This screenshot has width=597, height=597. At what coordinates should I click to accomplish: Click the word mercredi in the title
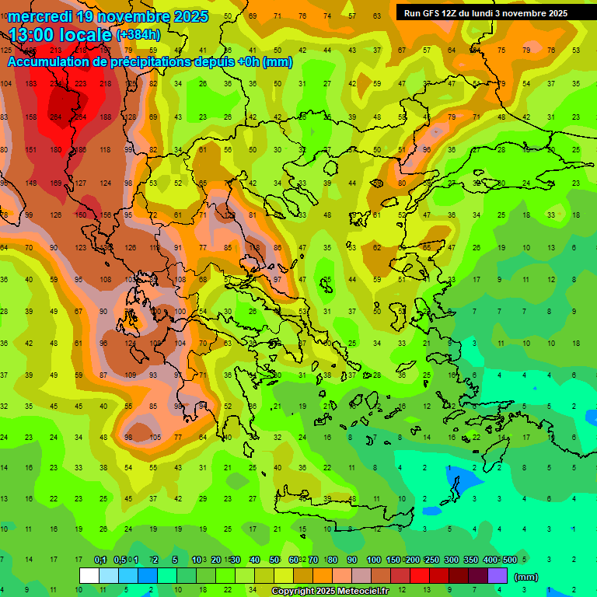pyautogui.click(x=34, y=16)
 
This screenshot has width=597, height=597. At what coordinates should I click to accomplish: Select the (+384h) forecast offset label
pyautogui.click(x=138, y=35)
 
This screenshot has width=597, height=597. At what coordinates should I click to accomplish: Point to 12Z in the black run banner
pyautogui.click(x=454, y=13)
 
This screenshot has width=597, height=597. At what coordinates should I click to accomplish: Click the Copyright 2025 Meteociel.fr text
pyautogui.click(x=330, y=592)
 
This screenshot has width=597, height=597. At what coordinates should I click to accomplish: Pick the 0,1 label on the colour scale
pyautogui.click(x=100, y=560)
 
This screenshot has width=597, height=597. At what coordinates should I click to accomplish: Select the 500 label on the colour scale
pyautogui.click(x=509, y=560)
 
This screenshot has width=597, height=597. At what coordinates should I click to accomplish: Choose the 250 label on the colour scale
pyautogui.click(x=431, y=560)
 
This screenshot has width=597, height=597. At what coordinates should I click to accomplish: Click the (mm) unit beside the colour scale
pyautogui.click(x=526, y=577)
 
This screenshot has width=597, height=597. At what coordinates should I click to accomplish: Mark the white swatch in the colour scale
pyautogui.click(x=89, y=575)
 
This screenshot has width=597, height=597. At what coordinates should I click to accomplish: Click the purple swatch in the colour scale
pyautogui.click(x=497, y=575)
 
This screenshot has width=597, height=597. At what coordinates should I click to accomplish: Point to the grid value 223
pyautogui.click(x=81, y=83)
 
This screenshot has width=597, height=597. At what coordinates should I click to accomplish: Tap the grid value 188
pyautogui.click(x=105, y=117)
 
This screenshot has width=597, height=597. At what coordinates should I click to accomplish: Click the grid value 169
pyautogui.click(x=55, y=183)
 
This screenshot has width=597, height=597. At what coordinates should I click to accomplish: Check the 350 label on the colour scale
pyautogui.click(x=470, y=560)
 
